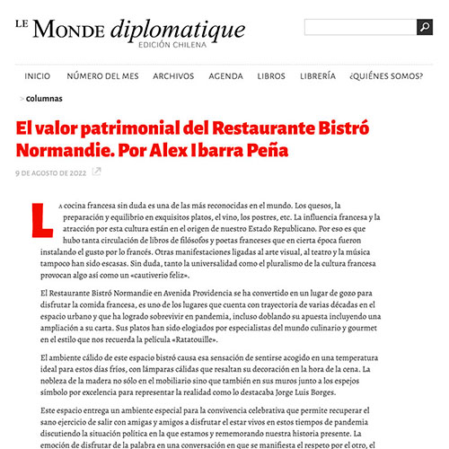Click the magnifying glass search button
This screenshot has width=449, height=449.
pos(424,28)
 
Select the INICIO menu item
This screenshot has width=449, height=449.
pos(38,76)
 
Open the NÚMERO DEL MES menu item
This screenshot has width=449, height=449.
pos(102,76)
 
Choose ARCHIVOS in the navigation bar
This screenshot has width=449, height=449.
pos(173,76)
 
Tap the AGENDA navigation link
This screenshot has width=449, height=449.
pos(225,76)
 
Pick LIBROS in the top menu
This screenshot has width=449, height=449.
pos(271,76)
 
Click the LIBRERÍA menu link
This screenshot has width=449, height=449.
pos(318,76)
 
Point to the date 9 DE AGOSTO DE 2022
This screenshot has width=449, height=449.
pos(51,171)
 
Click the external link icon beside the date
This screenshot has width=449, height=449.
pos(97,171)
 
